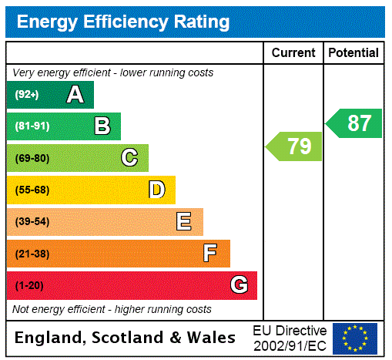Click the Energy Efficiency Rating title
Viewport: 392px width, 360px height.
point(123,22)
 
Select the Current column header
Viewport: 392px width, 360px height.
point(293,53)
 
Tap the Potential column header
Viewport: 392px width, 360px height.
point(353,53)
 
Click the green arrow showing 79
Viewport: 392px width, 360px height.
point(295,146)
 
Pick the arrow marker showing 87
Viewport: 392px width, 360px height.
point(355,123)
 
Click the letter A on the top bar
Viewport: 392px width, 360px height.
point(75,95)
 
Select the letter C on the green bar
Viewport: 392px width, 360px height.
point(129,158)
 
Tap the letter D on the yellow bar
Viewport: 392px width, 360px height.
point(157,190)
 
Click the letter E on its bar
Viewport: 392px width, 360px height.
point(184,222)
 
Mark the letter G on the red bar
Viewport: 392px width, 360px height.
point(239,285)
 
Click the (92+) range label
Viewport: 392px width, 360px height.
point(27,96)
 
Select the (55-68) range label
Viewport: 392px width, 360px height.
point(32,190)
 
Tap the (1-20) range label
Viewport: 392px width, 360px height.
point(29,286)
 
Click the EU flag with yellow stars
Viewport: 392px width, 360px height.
point(355,338)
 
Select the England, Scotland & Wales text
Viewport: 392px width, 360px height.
point(126,338)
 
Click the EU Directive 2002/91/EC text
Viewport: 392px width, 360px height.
point(290,338)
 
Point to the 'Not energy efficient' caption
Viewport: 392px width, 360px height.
point(112,309)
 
